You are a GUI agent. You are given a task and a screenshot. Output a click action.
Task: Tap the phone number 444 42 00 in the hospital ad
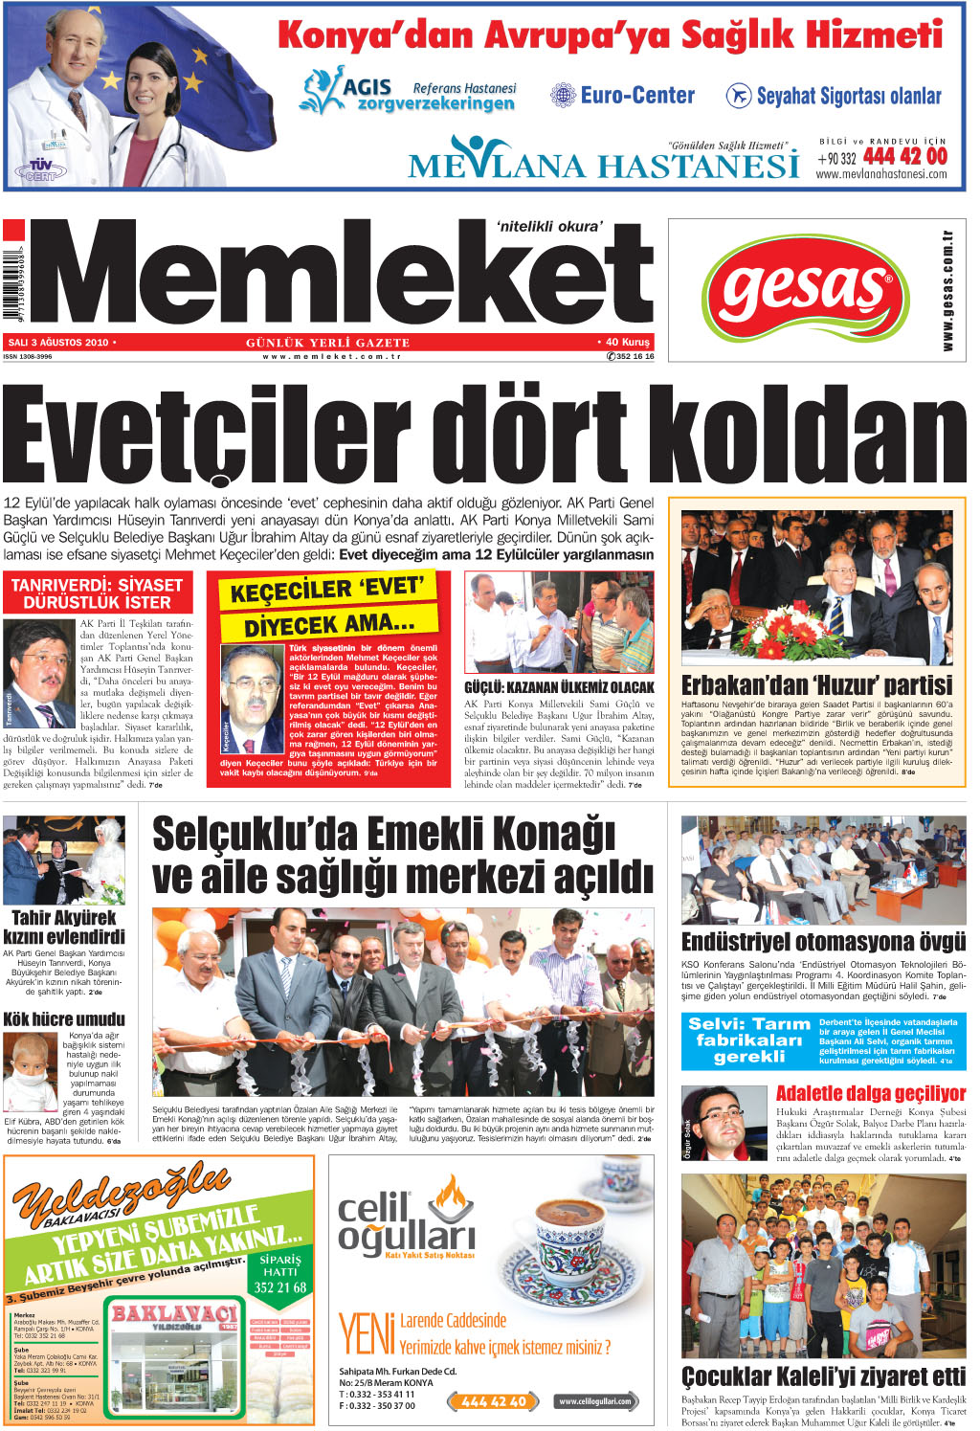904,156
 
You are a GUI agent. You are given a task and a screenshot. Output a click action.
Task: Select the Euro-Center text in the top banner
636,96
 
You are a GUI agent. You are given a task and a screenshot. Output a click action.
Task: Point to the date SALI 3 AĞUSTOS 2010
57,342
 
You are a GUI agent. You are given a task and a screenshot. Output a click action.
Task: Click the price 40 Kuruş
628,342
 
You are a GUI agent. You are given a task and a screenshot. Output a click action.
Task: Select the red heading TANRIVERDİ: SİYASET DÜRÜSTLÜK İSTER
98,593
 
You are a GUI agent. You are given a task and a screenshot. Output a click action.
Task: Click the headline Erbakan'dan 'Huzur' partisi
816,685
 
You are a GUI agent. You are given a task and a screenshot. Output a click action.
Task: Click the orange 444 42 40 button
493,1401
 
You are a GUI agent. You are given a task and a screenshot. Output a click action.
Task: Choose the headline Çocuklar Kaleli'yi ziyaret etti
823,1376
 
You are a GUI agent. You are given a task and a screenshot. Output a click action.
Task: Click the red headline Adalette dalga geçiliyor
870,1093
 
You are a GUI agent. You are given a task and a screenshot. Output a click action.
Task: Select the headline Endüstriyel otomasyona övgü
823,942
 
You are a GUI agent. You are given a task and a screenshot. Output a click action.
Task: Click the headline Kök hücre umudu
64,1018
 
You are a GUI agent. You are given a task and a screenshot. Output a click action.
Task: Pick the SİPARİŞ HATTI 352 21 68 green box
280,1273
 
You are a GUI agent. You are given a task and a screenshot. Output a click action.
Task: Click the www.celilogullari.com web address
594,1401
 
